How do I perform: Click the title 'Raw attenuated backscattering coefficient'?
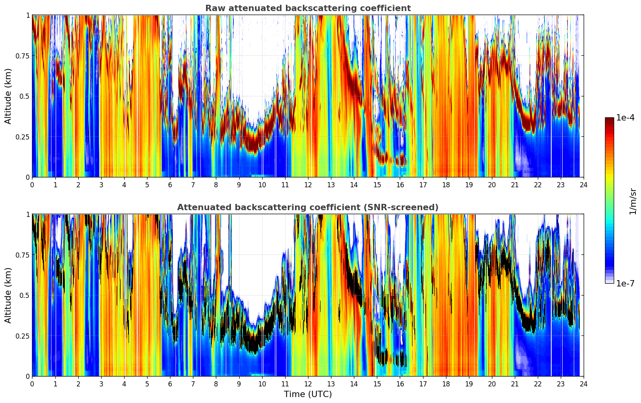point(308,8)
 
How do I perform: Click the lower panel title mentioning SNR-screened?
point(308,207)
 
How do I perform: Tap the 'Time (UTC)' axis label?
point(308,394)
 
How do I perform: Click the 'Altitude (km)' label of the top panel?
point(8,96)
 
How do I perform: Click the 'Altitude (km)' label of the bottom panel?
point(8,295)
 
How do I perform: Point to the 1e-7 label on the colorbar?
point(625,283)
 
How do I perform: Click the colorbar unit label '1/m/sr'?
point(633,201)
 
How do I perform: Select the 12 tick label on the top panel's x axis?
point(308,185)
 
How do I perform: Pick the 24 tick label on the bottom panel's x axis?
point(584,384)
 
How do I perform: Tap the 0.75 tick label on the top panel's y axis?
point(23,56)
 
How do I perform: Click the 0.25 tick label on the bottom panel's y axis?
point(23,336)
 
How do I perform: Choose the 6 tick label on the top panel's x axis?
point(170,185)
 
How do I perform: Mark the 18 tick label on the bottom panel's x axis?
point(446,384)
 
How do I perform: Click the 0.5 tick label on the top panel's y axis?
point(25,96)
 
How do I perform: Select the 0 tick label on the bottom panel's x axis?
point(32,384)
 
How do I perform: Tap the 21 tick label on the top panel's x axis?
point(515,185)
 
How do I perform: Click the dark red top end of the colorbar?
point(609,119)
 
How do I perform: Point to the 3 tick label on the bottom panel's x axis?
point(101,384)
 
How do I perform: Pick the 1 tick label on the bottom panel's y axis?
point(28,214)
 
